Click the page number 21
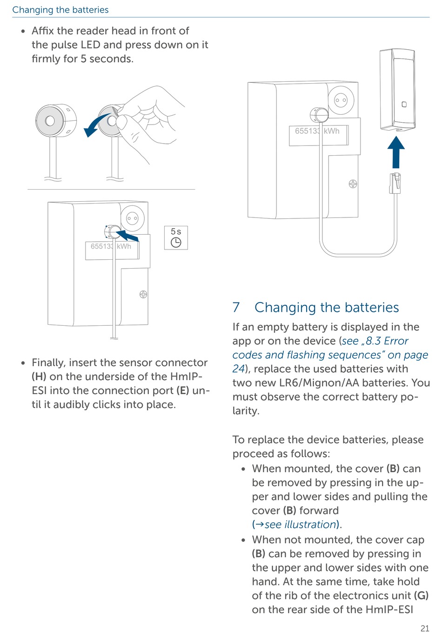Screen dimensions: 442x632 425,628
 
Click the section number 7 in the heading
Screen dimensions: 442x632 236,307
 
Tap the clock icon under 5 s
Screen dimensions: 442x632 176,243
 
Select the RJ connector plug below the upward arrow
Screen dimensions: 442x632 395,182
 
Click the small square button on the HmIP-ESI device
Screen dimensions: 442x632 404,105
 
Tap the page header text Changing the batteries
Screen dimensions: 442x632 60,10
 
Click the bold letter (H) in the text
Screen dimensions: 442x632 39,376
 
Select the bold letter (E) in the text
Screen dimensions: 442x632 183,390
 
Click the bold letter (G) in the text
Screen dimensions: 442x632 421,595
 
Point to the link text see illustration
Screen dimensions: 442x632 301,525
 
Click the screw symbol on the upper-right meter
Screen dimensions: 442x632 353,184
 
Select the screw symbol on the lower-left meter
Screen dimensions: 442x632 143,294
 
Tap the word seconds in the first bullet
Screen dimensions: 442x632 111,59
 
